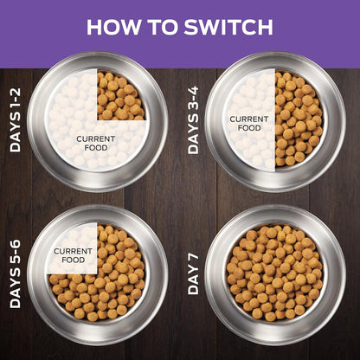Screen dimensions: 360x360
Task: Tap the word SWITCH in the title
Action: coord(228,27)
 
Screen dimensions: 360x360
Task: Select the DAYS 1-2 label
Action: coord(16,120)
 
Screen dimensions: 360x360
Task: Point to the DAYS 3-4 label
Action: coord(193,119)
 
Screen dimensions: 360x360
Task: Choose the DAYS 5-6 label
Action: coord(16,273)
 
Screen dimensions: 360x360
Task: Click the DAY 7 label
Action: coord(193,273)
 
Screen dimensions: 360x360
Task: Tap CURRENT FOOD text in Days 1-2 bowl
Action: coord(96,144)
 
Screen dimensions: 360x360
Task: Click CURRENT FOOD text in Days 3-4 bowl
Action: coord(249,124)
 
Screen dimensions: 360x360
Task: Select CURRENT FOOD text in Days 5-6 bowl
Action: coord(73,255)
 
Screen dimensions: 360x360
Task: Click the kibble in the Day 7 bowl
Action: coord(275,273)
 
